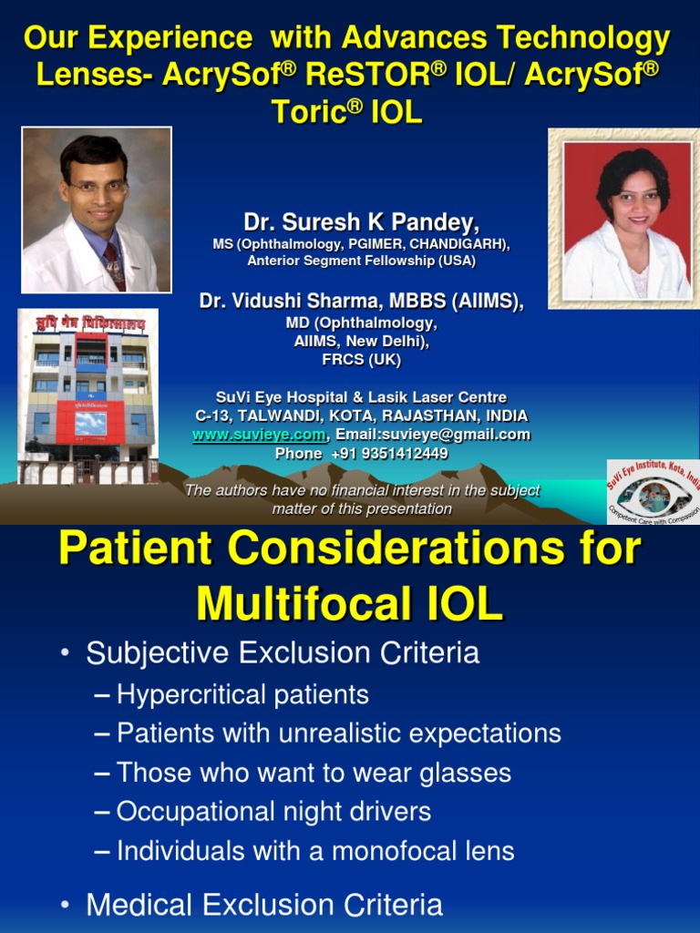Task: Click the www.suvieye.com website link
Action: [x=258, y=435]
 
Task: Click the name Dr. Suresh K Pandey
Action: [x=361, y=221]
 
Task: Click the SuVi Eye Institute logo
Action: [x=653, y=492]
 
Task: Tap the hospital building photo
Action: [x=88, y=396]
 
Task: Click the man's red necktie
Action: [x=115, y=264]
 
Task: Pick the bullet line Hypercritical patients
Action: [x=242, y=695]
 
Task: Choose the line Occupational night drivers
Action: [x=273, y=812]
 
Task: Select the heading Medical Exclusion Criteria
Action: [x=264, y=906]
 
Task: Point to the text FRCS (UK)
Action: [x=361, y=360]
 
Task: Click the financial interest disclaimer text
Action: [x=362, y=499]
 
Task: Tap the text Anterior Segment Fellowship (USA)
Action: [x=361, y=261]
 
